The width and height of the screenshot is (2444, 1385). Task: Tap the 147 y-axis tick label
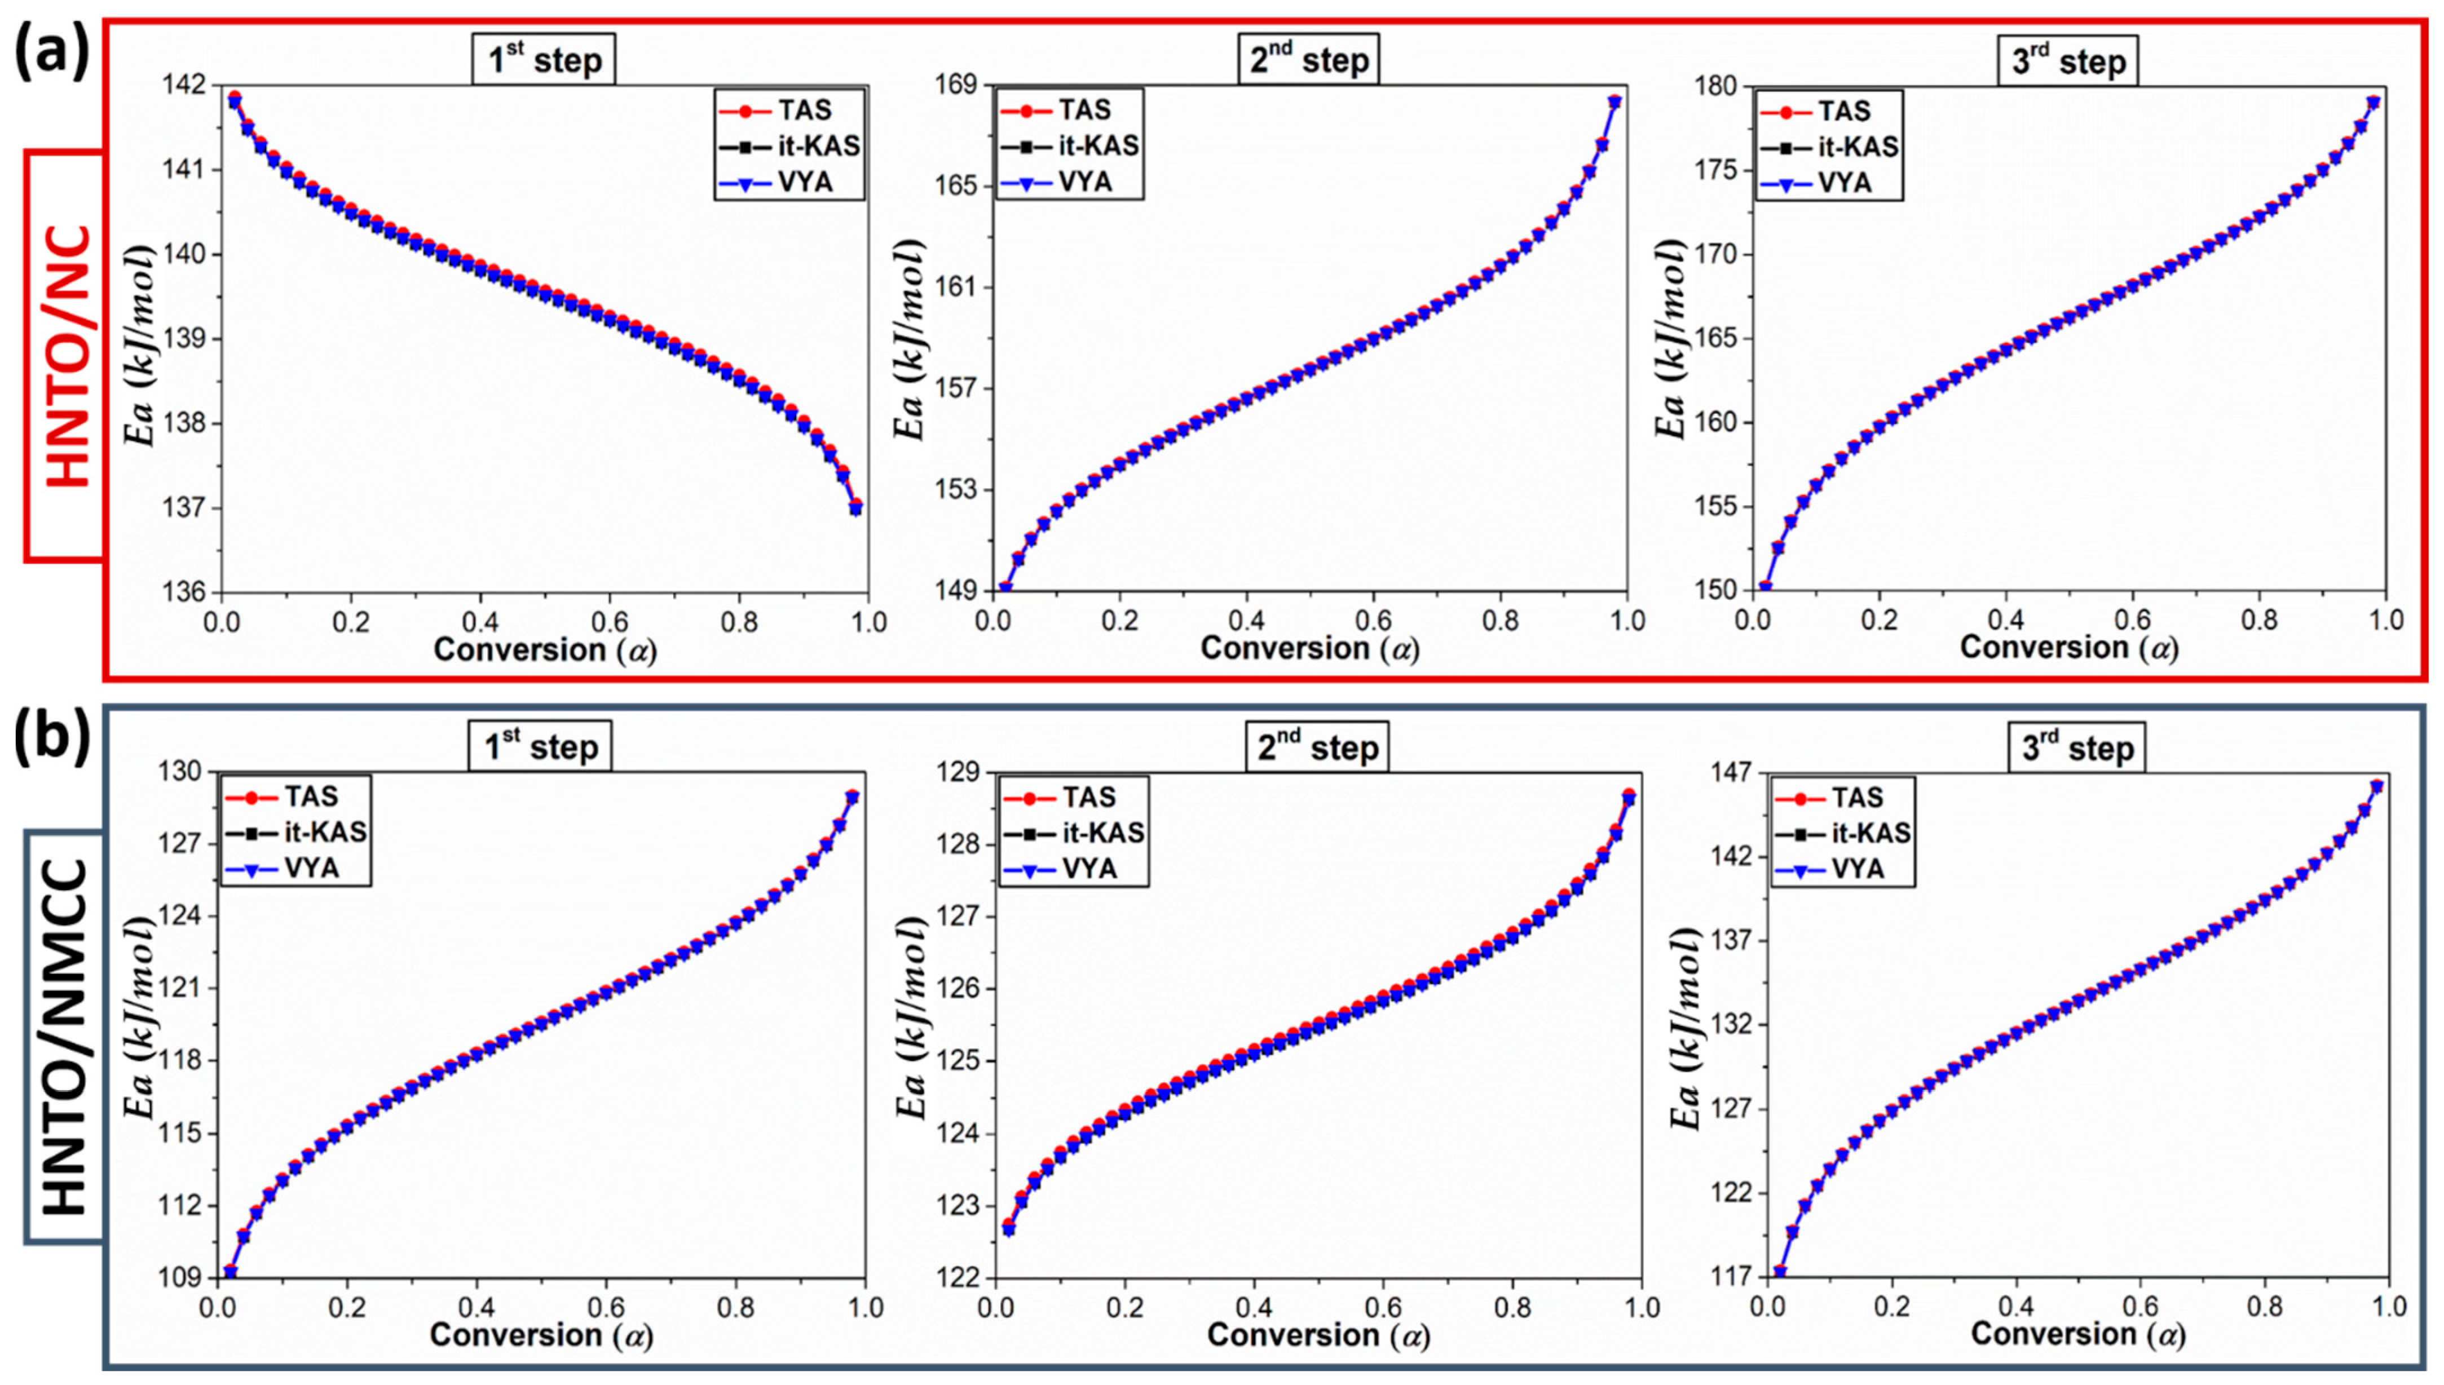pos(1722,772)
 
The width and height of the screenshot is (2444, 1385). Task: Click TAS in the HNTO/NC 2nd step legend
pos(1084,110)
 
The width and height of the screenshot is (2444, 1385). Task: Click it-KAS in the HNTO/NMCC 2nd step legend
pos(1102,833)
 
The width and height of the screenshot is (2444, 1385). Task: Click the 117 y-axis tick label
pos(1722,1277)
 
